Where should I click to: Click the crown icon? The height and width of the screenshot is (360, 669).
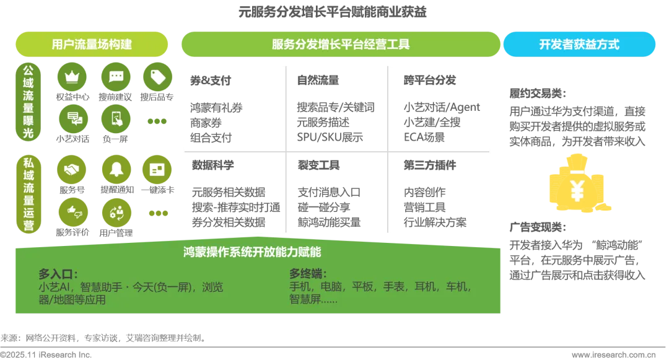[72, 77]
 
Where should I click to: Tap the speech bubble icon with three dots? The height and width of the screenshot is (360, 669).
[116, 77]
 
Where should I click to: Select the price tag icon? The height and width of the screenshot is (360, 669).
[158, 77]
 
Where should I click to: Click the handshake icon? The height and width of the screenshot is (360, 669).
[72, 169]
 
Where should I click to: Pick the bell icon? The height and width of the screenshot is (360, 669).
[116, 169]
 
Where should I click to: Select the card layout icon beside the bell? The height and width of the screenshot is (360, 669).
[157, 169]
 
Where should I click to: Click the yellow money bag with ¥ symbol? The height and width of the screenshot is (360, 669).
[577, 186]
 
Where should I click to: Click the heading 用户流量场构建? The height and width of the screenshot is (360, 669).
[92, 45]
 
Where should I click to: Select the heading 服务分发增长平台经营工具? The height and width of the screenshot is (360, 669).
[340, 45]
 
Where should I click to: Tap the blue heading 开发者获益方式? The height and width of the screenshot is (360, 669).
[579, 45]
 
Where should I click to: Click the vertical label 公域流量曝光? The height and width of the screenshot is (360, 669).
[28, 102]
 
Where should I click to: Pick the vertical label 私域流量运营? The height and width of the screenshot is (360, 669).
[28, 195]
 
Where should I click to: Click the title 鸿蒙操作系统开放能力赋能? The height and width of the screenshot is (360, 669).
[252, 252]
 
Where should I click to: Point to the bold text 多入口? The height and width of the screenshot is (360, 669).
[58, 274]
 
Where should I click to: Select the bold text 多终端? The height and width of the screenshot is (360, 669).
[308, 274]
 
